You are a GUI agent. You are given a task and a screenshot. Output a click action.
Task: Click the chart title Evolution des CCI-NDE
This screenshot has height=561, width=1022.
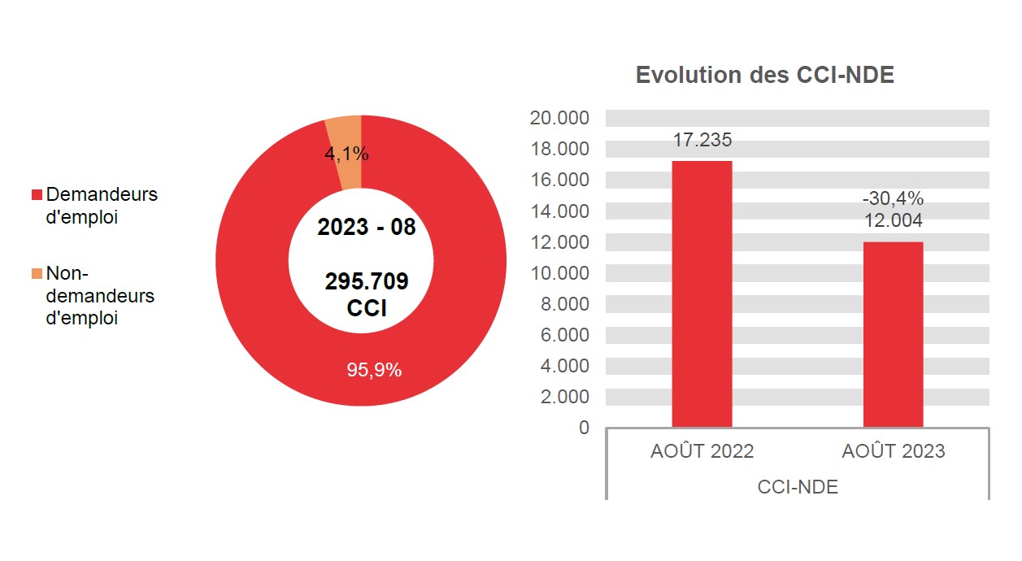(x=764, y=75)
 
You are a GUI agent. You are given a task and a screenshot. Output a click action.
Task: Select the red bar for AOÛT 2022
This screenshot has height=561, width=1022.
(x=702, y=294)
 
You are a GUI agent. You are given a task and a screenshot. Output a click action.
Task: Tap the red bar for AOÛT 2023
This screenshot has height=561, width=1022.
(x=893, y=334)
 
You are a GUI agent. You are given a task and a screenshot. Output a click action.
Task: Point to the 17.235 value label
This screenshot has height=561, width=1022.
(x=702, y=140)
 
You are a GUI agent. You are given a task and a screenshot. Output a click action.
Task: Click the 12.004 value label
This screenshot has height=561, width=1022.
(x=893, y=220)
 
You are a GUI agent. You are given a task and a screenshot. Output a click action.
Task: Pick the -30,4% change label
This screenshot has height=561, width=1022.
(x=893, y=199)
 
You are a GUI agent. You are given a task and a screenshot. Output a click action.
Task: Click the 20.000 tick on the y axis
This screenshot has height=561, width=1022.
(x=559, y=118)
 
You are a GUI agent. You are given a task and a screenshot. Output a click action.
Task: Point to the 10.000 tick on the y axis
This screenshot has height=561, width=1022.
(x=559, y=273)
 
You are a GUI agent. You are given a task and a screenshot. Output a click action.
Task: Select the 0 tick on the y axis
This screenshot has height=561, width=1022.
(x=584, y=428)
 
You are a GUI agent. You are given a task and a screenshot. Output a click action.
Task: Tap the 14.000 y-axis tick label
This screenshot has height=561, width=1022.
(x=559, y=211)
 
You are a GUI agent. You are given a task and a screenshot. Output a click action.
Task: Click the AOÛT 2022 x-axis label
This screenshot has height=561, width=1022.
(x=702, y=451)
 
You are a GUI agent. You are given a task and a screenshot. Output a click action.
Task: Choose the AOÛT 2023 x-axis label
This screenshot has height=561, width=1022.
(x=893, y=451)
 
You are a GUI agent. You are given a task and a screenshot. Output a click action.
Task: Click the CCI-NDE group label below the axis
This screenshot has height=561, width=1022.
(x=797, y=487)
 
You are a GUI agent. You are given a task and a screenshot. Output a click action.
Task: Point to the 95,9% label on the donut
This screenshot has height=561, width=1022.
(x=374, y=370)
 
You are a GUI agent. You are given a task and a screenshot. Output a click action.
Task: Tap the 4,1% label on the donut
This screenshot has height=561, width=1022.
(x=346, y=154)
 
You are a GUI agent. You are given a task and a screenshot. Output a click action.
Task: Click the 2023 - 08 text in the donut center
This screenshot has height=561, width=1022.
(x=366, y=228)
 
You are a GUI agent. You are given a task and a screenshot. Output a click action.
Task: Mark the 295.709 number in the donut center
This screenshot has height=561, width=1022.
(x=367, y=281)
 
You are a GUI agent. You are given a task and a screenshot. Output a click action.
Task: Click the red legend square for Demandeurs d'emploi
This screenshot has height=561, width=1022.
(x=37, y=195)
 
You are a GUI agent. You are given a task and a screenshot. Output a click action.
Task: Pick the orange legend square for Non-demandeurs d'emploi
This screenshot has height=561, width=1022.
(x=37, y=274)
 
